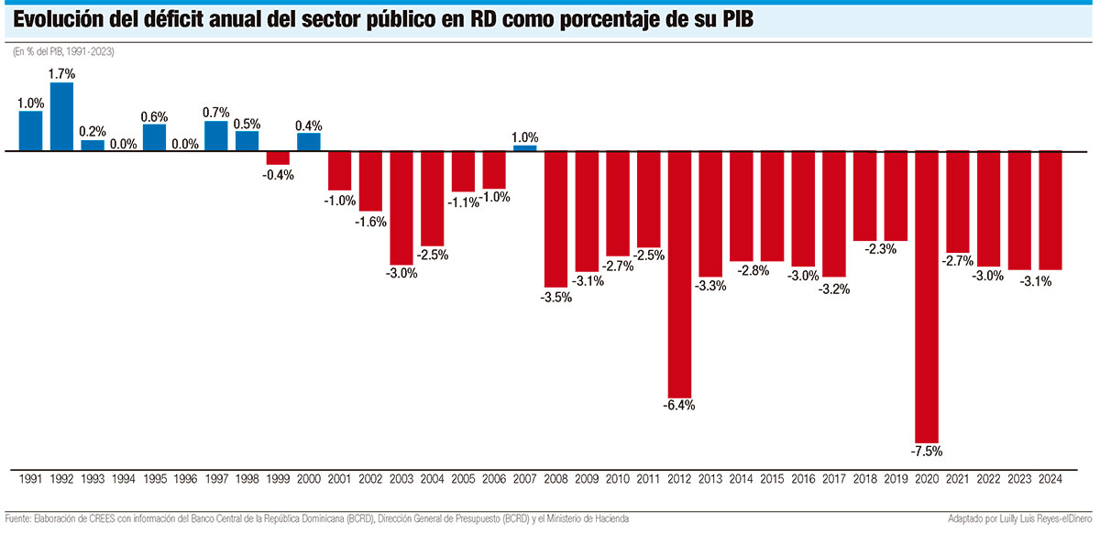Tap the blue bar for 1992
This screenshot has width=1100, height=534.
61,116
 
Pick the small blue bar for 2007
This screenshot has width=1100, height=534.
525,147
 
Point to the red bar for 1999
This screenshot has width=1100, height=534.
278,158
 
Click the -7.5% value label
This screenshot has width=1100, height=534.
927,451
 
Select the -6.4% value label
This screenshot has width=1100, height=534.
679,404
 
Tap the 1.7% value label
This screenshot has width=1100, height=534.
61,73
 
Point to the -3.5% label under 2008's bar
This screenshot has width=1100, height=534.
556,298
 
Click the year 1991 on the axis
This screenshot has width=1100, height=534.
30,477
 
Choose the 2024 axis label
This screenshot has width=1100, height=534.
1050,477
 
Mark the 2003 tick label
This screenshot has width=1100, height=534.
401,477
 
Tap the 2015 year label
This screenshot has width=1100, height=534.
773,477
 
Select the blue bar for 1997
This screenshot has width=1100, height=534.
215,136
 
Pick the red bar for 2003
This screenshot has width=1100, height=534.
401,207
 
